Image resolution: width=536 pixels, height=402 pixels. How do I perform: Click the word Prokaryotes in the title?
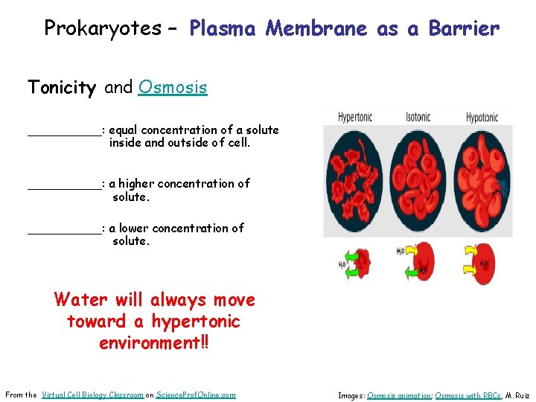point(102,28)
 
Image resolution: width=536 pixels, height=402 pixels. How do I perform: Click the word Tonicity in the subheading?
point(63,88)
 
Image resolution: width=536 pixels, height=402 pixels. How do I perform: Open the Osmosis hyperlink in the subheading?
point(173,88)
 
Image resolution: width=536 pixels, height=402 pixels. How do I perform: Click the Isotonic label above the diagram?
point(418,117)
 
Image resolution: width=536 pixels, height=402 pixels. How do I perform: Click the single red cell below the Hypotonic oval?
point(483,263)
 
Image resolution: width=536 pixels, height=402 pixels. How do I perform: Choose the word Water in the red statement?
point(80,300)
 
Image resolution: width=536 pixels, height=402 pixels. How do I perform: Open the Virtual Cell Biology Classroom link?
point(92,395)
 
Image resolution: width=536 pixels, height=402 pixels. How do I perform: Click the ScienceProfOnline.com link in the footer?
point(196,395)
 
